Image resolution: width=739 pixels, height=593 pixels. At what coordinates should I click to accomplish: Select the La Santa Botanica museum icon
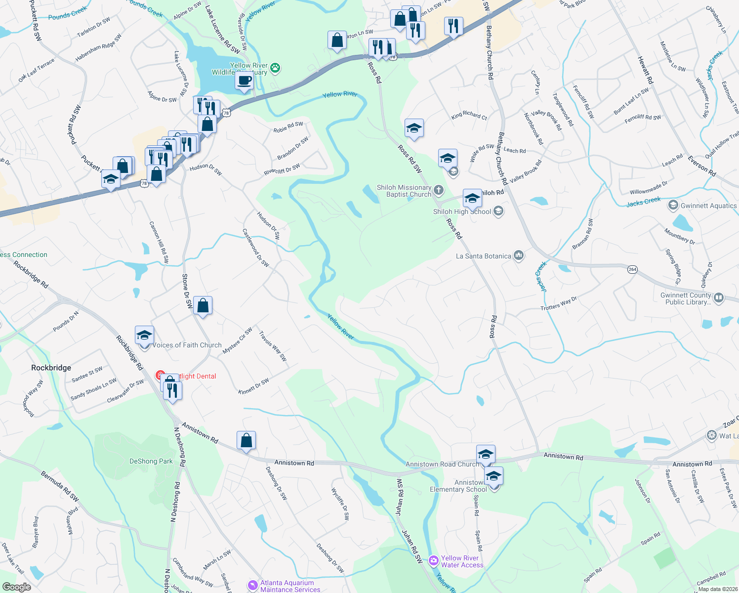point(518,255)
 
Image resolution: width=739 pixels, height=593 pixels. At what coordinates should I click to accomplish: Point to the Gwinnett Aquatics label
point(708,206)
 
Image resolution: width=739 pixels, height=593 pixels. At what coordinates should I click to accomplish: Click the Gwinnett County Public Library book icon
point(719,297)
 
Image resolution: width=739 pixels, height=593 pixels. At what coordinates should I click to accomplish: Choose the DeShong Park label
point(151,461)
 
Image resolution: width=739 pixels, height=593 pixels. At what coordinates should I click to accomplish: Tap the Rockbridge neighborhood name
point(51,368)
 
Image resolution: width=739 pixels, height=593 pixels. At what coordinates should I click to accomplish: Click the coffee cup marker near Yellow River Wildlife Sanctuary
point(244,81)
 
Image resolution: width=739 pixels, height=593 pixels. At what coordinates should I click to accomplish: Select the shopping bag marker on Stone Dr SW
point(203,306)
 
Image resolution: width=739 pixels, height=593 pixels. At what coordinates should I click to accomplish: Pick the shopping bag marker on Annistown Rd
point(246,440)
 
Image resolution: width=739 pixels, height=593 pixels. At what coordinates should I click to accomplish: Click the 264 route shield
point(632,269)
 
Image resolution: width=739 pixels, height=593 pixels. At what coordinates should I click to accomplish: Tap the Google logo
point(16,587)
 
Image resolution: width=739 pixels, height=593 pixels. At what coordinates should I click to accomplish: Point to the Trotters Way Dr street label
point(559,303)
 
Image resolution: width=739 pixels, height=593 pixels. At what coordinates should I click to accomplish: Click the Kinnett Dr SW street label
point(253,386)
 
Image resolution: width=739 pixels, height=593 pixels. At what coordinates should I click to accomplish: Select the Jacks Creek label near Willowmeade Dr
point(643,202)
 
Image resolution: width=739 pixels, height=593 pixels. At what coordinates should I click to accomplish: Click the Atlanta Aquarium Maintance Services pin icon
point(253,586)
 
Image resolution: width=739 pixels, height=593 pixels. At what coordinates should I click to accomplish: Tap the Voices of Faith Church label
point(187,345)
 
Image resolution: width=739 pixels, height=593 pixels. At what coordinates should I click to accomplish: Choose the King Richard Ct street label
point(469,116)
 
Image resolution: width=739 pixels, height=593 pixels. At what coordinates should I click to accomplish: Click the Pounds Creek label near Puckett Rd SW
point(67,14)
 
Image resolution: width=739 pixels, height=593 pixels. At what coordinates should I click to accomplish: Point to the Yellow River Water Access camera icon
point(434,560)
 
